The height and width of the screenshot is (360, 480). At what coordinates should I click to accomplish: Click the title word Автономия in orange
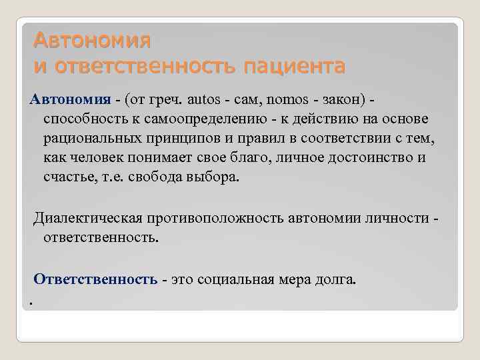tap(93, 41)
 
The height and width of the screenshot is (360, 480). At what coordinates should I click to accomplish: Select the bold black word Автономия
tap(70, 100)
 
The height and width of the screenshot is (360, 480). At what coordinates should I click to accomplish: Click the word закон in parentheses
tap(341, 100)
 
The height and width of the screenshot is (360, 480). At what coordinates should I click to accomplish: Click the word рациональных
tap(92, 139)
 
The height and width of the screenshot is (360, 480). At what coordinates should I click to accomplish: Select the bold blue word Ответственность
tap(95, 279)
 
